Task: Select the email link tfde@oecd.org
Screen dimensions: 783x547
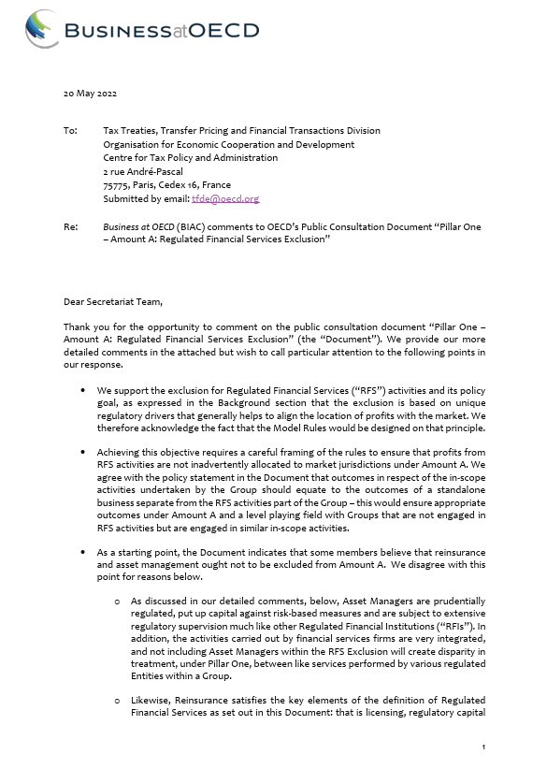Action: tap(224, 199)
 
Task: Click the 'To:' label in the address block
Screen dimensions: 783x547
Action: tap(70, 131)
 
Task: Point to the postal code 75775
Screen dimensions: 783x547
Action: tap(117, 185)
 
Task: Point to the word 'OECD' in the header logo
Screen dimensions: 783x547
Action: tap(224, 31)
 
